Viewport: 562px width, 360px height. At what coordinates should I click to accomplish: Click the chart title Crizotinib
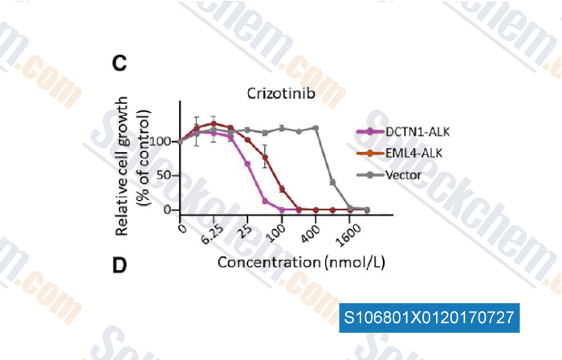[x=280, y=93]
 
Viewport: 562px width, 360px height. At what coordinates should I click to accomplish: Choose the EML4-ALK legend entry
[x=409, y=153]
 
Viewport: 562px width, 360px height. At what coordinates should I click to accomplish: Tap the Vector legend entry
[x=404, y=173]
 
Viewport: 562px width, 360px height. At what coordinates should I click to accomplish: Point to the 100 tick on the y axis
[x=165, y=141]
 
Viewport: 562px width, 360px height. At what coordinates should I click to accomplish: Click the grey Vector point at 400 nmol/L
[x=316, y=128]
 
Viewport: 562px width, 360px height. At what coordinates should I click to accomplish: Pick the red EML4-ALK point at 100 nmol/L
[x=282, y=190]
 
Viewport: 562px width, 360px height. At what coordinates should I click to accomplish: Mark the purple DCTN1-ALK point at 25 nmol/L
[x=248, y=164]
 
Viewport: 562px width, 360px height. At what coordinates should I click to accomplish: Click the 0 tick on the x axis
[x=183, y=229]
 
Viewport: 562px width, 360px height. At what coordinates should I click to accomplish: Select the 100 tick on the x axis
[x=276, y=234]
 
